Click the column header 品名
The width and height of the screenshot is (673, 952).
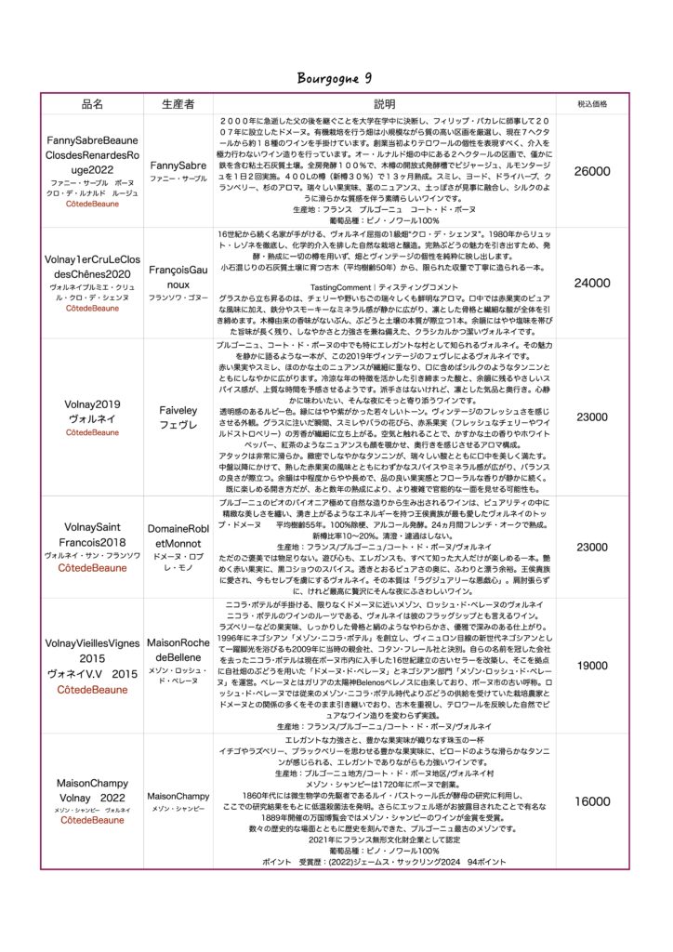[x=92, y=104]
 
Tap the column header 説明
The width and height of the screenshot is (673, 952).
[x=384, y=104]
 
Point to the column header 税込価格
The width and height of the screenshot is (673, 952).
[x=592, y=104]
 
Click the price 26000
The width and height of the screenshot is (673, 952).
[x=592, y=172]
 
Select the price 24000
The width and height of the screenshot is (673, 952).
[x=592, y=283]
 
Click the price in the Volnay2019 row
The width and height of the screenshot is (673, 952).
[x=592, y=417]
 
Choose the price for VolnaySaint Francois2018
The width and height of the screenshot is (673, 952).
[x=592, y=548]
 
